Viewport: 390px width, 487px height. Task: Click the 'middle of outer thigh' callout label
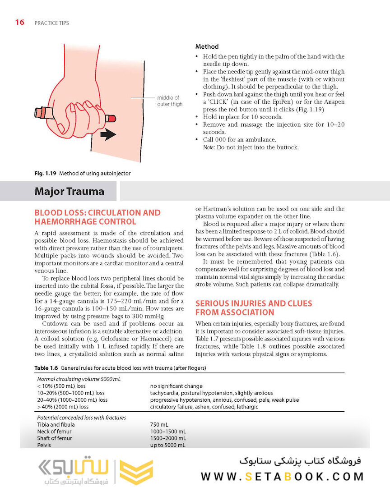point(170,101)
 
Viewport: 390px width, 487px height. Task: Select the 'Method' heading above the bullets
point(207,46)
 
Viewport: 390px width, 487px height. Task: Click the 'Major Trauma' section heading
point(69,192)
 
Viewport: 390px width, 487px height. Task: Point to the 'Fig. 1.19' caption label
point(43,174)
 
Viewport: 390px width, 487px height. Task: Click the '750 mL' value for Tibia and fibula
point(159,425)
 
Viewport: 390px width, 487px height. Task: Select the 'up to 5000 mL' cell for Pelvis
point(167,445)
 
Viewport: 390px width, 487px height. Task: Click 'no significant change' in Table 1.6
point(176,386)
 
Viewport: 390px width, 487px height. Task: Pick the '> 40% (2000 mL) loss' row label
point(63,407)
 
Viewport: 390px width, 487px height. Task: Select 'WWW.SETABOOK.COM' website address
point(282,476)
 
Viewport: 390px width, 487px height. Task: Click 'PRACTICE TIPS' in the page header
point(51,23)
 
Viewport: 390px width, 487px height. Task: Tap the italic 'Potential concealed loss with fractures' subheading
point(81,418)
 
